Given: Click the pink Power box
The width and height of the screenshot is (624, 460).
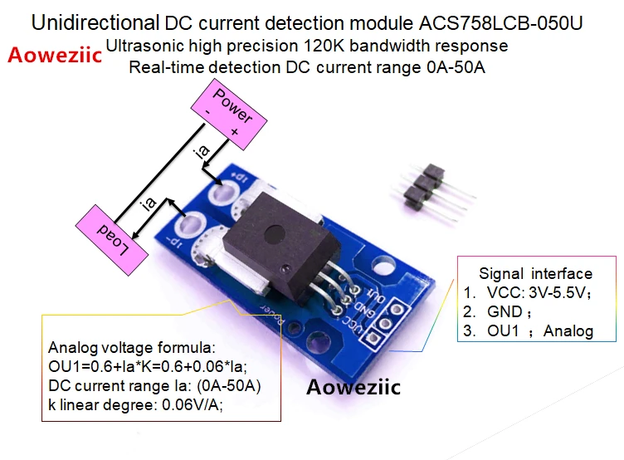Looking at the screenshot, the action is (229, 115).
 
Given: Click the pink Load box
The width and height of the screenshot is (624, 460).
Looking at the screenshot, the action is (112, 240).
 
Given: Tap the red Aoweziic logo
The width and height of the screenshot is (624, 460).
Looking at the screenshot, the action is (55, 55).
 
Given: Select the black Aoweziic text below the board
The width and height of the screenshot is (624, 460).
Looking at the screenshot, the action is (353, 387).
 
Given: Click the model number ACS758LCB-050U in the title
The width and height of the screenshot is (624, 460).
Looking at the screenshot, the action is (500, 23).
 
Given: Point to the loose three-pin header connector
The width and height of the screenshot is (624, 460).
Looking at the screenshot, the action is (434, 191).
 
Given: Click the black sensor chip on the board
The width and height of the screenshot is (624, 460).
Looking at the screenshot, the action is (281, 247).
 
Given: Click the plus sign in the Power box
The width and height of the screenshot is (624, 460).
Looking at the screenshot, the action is (234, 131).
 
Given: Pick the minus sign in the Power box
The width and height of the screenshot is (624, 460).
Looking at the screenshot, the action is (207, 112).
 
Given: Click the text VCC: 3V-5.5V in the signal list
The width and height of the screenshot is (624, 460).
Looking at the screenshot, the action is (536, 293).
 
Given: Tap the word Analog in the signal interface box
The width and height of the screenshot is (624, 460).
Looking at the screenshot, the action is (568, 331).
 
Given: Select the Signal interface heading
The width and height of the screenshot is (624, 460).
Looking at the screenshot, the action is (536, 274).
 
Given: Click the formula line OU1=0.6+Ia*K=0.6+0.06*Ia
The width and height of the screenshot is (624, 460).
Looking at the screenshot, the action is (147, 366).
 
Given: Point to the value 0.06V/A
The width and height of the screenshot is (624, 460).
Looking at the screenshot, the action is (192, 404).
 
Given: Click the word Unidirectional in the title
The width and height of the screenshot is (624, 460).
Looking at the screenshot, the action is (95, 22).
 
